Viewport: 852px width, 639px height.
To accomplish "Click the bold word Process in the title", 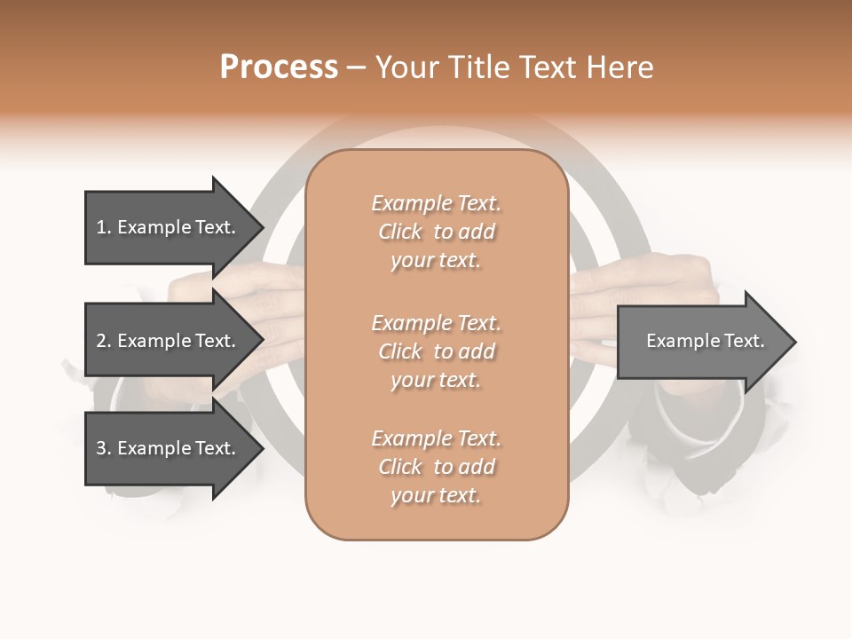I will tap(279, 67).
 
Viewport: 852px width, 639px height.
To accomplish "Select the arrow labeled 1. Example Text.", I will tap(169, 227).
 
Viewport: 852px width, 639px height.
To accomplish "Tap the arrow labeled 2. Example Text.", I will tap(169, 341).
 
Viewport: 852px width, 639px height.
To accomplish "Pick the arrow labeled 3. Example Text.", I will tap(169, 448).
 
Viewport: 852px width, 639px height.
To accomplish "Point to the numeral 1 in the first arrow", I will tap(101, 227).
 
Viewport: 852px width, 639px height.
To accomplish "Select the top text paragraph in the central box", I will tap(436, 232).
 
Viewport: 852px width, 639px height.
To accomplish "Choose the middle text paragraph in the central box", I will tap(436, 351).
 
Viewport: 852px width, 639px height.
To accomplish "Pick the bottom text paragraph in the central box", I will tap(436, 467).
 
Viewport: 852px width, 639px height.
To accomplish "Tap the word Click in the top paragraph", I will tap(400, 232).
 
